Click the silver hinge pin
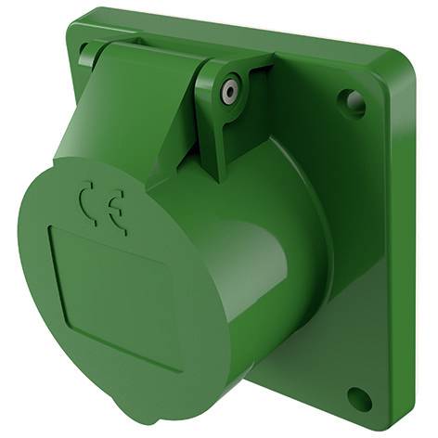(x=230, y=92)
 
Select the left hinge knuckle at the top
(x=90, y=53)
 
